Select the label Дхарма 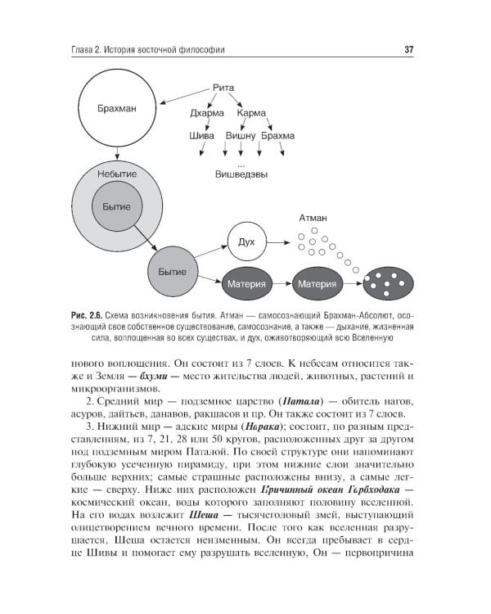click(206, 114)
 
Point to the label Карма click(255, 114)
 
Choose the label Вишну click(241, 136)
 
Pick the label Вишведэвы click(240, 174)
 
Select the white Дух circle click(246, 242)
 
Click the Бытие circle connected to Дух click(172, 271)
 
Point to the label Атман click(313, 219)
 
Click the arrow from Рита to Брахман click(184, 96)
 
